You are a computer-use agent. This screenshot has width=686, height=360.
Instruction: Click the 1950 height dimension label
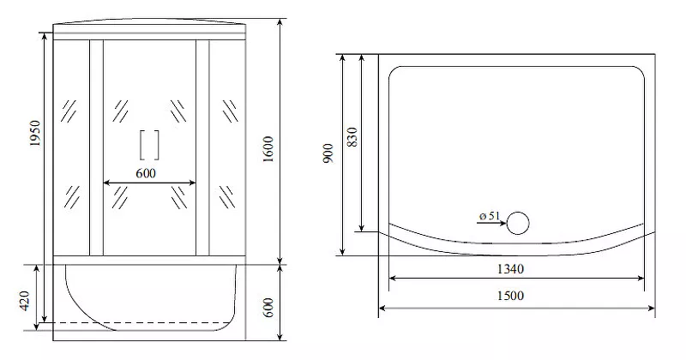tap(35, 134)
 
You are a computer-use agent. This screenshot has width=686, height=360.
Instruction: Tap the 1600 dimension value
tap(268, 149)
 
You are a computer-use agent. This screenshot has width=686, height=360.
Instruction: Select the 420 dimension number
tap(24, 301)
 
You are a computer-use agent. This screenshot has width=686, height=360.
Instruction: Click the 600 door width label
tap(146, 173)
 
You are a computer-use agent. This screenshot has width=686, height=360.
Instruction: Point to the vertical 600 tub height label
tap(268, 308)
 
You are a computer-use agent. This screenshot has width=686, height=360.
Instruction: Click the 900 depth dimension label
tap(328, 153)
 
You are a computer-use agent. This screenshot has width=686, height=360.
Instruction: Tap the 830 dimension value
tap(352, 137)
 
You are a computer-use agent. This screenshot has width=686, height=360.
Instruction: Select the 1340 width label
tap(510, 269)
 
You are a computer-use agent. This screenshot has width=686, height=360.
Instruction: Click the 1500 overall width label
tap(510, 296)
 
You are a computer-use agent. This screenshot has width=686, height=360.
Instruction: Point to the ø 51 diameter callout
tap(489, 216)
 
